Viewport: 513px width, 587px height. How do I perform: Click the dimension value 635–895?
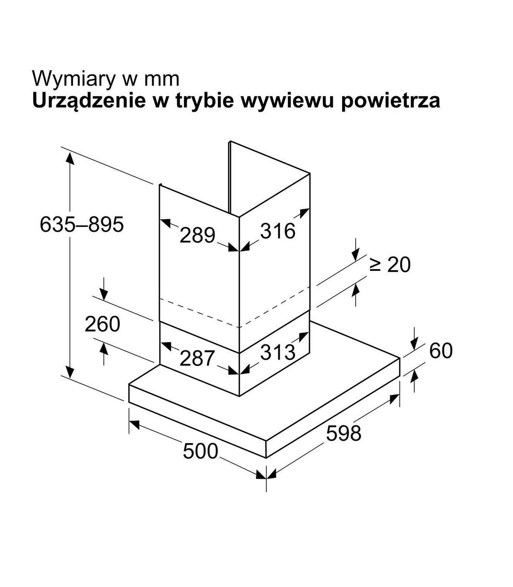(82, 224)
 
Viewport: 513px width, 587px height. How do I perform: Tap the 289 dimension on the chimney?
(197, 235)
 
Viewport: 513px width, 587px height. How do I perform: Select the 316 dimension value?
(278, 231)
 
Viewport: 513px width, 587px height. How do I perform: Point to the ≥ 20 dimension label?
(389, 265)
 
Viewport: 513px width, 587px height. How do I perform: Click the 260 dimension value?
(102, 324)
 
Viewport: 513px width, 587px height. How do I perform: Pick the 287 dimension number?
(197, 359)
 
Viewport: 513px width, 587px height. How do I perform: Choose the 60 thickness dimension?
(441, 351)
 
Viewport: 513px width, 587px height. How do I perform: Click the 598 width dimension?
(344, 433)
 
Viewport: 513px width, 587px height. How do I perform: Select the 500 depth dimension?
(200, 451)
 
